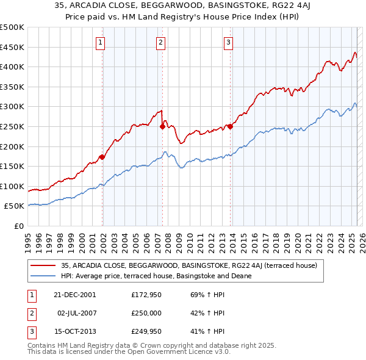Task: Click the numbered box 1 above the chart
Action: click(x=100, y=42)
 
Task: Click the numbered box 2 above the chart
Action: click(x=160, y=42)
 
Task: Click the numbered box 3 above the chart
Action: click(x=228, y=42)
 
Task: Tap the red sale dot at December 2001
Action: click(x=102, y=157)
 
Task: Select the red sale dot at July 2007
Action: click(x=162, y=126)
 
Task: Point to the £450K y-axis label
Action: click(x=12, y=47)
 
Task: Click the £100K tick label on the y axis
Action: click(x=12, y=186)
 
